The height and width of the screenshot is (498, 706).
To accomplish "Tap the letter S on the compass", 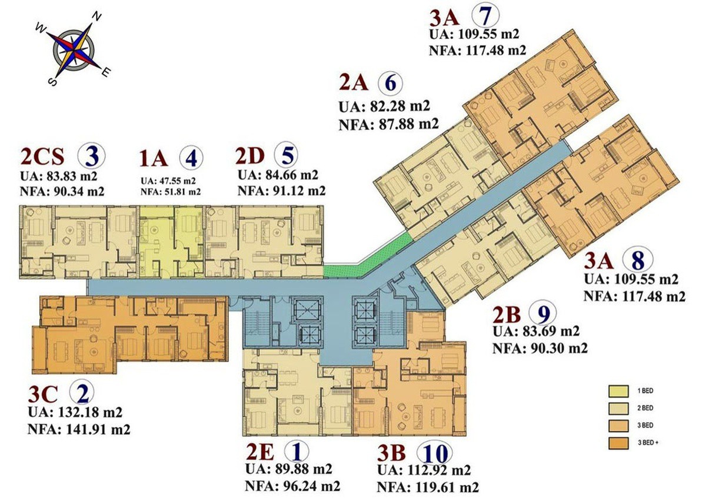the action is [x=52, y=82].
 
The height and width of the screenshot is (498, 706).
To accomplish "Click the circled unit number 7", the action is [x=485, y=17].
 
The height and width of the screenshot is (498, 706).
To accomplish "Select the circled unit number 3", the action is [x=91, y=156].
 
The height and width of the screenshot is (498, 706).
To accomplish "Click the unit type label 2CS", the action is [x=42, y=156].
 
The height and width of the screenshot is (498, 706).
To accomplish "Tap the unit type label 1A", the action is [x=154, y=158].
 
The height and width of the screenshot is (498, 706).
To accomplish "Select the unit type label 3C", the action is [x=42, y=395].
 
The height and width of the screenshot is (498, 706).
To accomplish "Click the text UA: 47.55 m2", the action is [x=168, y=181].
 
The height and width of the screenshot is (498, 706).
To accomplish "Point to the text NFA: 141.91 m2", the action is [x=79, y=430].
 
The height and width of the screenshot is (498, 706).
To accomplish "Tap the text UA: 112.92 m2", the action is [x=424, y=470].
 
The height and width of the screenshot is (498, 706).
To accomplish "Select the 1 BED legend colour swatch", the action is [x=618, y=391].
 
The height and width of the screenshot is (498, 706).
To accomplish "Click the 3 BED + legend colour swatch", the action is [x=618, y=443].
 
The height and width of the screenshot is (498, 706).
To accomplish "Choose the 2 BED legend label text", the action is [x=645, y=408].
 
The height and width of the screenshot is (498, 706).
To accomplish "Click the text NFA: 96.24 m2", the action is [x=292, y=486].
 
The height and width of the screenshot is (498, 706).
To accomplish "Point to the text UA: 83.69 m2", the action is [x=536, y=332].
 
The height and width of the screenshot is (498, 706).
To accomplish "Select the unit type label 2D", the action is [x=250, y=156].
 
